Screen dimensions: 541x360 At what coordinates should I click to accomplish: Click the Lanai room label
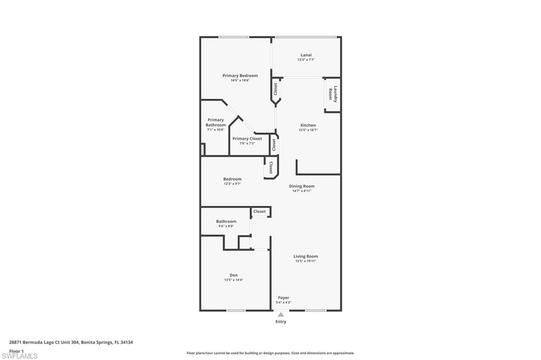tap(306, 55)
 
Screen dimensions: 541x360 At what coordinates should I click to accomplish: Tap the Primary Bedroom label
tap(240, 75)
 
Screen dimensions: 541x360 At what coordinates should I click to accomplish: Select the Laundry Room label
tap(333, 94)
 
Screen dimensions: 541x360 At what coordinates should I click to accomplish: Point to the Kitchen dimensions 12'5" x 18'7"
tap(308, 130)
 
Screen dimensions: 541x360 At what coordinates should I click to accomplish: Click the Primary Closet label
tap(247, 139)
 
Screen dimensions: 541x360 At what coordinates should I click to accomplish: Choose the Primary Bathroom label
tap(216, 122)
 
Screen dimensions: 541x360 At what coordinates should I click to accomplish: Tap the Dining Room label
tap(302, 186)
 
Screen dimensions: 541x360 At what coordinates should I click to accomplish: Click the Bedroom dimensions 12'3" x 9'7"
tap(232, 184)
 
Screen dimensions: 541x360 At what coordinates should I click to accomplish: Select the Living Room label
tap(306, 256)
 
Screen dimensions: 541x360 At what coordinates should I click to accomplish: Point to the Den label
tap(234, 275)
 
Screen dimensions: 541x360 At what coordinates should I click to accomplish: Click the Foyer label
tap(284, 298)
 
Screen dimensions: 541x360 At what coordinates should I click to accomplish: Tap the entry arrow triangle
tap(281, 315)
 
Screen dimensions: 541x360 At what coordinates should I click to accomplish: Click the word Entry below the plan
tap(281, 321)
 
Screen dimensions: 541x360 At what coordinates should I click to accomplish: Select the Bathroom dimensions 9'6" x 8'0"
tap(226, 226)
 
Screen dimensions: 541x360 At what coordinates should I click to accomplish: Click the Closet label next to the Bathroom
tap(260, 211)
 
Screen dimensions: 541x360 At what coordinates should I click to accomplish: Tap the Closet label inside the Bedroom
tap(271, 167)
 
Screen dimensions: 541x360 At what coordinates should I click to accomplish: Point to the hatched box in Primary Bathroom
tap(203, 150)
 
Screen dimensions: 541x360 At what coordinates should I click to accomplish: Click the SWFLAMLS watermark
tap(20, 356)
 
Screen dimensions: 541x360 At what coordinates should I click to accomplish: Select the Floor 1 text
tap(16, 351)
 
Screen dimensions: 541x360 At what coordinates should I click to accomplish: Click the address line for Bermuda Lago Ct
tap(71, 343)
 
